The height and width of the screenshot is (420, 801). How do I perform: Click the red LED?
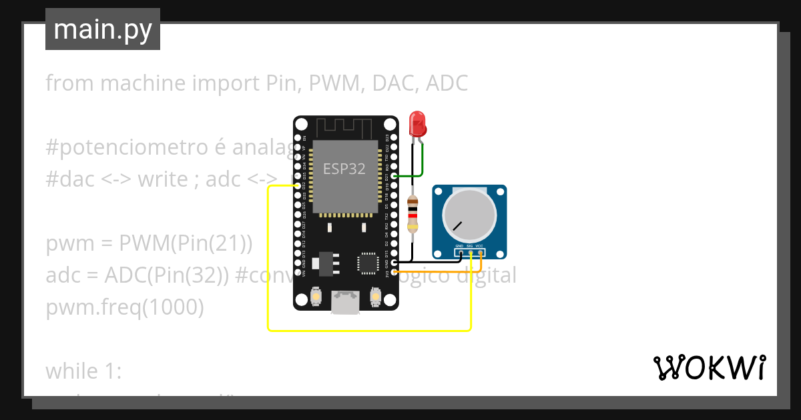pos(418,124)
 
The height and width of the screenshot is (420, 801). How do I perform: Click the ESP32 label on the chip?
pos(344,169)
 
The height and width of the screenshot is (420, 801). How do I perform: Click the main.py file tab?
pos(103,29)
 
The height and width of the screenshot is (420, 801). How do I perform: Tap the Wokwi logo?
pos(709,367)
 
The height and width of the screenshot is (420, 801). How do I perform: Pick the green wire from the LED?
pos(423,163)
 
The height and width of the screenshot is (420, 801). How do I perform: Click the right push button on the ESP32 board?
pos(375,296)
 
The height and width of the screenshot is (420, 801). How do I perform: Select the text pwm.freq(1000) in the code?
pos(125,307)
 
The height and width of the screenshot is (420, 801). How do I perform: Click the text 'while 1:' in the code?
pos(83,371)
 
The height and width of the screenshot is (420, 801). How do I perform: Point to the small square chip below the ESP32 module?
pos(368,263)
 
